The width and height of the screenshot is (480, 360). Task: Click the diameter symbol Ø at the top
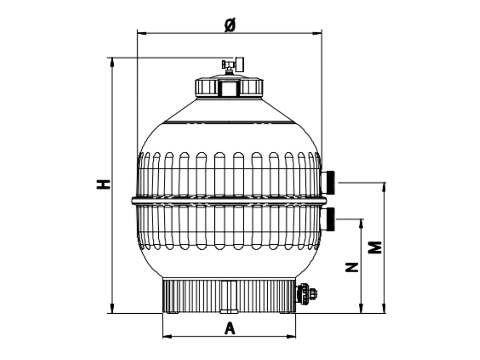pyautogui.click(x=229, y=25)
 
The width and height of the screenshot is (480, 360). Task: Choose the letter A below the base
pyautogui.click(x=229, y=328)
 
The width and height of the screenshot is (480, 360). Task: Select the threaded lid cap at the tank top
pyautogui.click(x=229, y=87)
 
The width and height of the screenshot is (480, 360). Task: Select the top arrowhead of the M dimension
pyautogui.click(x=384, y=186)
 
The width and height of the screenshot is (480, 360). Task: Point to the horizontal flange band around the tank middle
pyautogui.click(x=229, y=200)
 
